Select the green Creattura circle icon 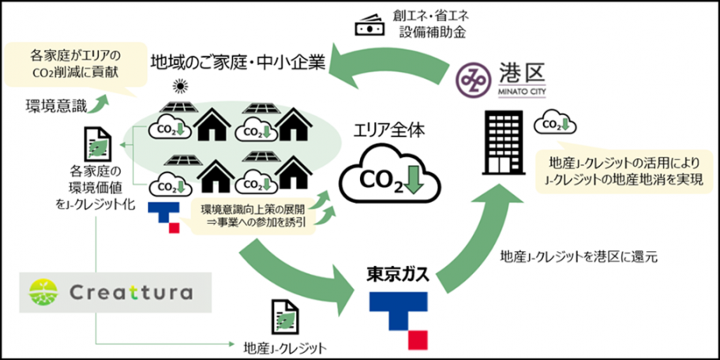(43, 292)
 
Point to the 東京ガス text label (398, 276)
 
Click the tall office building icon (503, 142)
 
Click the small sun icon (178, 86)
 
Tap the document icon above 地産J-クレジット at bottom (285, 316)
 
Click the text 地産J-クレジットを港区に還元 (579, 257)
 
